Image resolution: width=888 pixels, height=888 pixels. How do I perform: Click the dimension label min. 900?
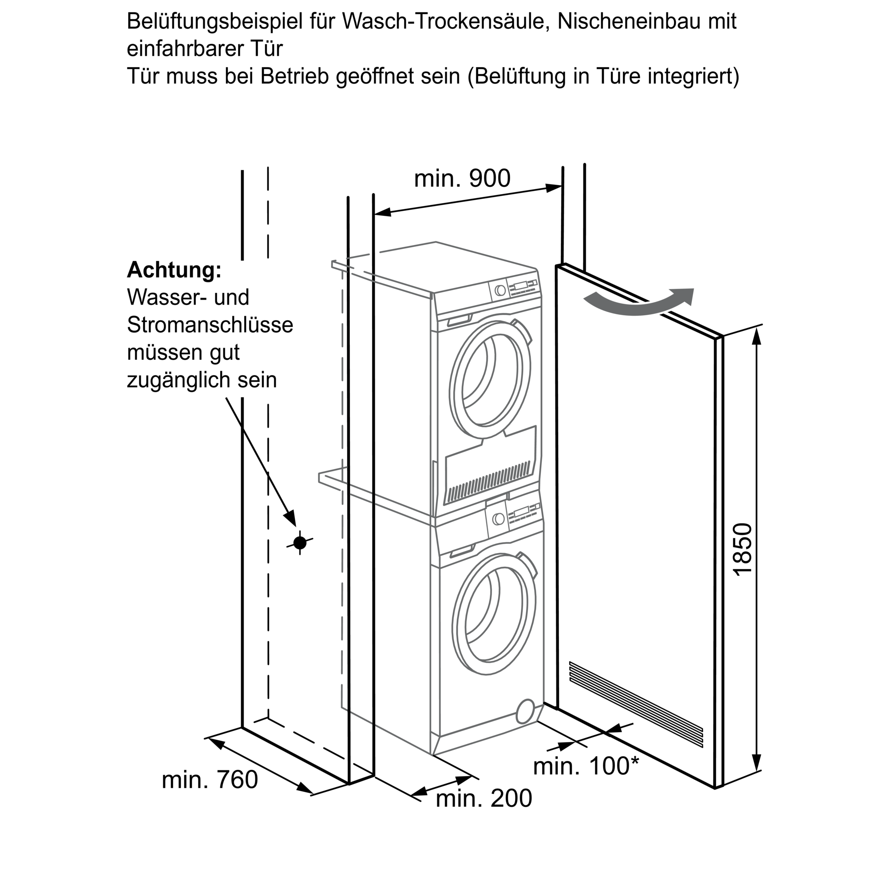(x=462, y=178)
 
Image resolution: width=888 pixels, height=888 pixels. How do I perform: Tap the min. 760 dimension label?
(x=210, y=780)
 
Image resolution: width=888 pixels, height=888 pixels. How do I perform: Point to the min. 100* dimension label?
(x=586, y=766)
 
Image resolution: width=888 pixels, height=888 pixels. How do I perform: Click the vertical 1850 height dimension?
(x=742, y=549)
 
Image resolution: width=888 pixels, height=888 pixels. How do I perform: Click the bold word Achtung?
(x=174, y=270)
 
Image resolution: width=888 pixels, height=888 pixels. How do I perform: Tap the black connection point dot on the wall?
(x=300, y=543)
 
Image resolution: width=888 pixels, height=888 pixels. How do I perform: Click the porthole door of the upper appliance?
(x=491, y=379)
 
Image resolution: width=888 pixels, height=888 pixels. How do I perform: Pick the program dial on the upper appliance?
(x=500, y=290)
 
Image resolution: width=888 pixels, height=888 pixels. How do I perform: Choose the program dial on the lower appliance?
(x=498, y=519)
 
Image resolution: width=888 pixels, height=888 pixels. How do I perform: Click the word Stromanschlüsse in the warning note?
(x=210, y=325)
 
